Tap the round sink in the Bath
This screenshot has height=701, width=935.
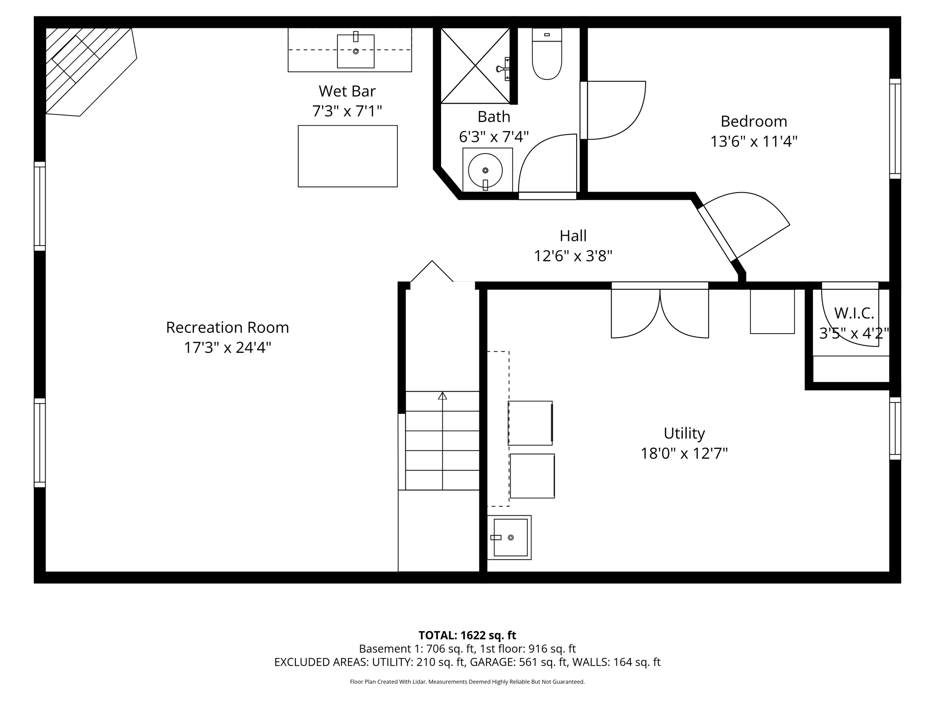pos(485,170)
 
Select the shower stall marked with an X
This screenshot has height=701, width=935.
pos(475,65)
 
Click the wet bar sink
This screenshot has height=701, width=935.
pos(356,51)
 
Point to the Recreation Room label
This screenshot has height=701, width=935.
pos(227,328)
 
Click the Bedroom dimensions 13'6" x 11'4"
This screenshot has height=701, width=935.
pos(753,142)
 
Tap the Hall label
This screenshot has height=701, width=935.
pos(573,236)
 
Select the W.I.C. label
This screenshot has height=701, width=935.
pos(854,314)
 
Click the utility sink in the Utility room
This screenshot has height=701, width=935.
pos(510,538)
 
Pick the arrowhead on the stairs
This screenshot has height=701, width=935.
pos(442,396)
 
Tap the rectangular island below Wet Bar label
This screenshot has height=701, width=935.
pos(347,156)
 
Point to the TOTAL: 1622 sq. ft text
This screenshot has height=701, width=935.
pos(467,635)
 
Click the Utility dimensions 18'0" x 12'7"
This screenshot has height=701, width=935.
pos(683,454)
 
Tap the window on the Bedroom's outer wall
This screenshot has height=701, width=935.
pos(895,129)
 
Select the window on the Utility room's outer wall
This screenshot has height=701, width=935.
pos(895,428)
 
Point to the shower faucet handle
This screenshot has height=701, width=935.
pos(502,69)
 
